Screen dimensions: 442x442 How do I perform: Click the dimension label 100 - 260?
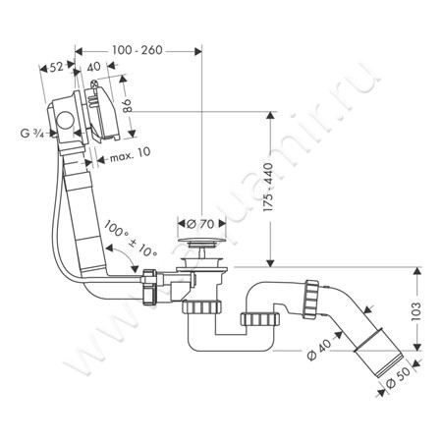click(x=138, y=50)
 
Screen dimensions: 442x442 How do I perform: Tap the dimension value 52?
click(x=56, y=67)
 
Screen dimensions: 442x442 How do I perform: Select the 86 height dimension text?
click(x=127, y=105)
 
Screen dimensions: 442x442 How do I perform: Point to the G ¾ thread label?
click(x=31, y=133)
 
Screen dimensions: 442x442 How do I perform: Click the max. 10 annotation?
click(x=130, y=154)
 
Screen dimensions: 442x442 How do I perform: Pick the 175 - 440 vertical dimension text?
click(x=268, y=187)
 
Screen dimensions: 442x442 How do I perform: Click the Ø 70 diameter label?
click(x=200, y=224)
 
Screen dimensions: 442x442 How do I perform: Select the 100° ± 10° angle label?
click(x=131, y=238)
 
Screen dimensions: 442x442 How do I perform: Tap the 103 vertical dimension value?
click(x=415, y=310)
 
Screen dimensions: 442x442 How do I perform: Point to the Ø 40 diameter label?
click(x=319, y=349)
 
